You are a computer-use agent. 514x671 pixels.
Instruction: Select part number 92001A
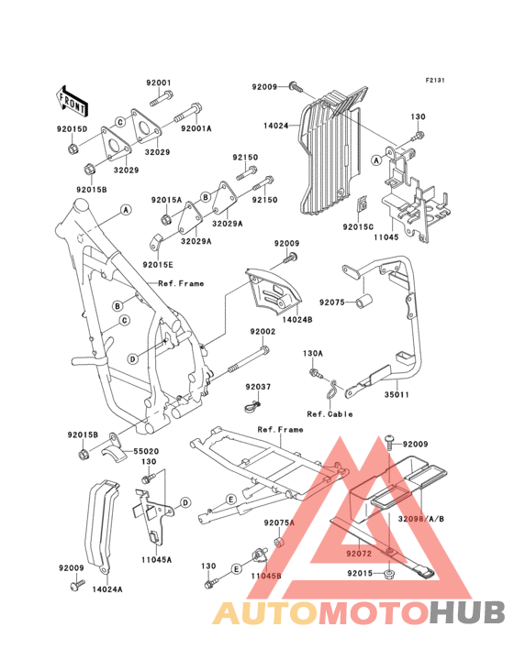[196, 129]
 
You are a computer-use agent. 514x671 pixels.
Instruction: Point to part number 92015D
[72, 129]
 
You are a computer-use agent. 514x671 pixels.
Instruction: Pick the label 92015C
[359, 225]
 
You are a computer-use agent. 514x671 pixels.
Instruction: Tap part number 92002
[263, 333]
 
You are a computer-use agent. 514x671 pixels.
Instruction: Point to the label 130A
[313, 352]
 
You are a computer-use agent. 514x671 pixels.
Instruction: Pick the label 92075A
[278, 522]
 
